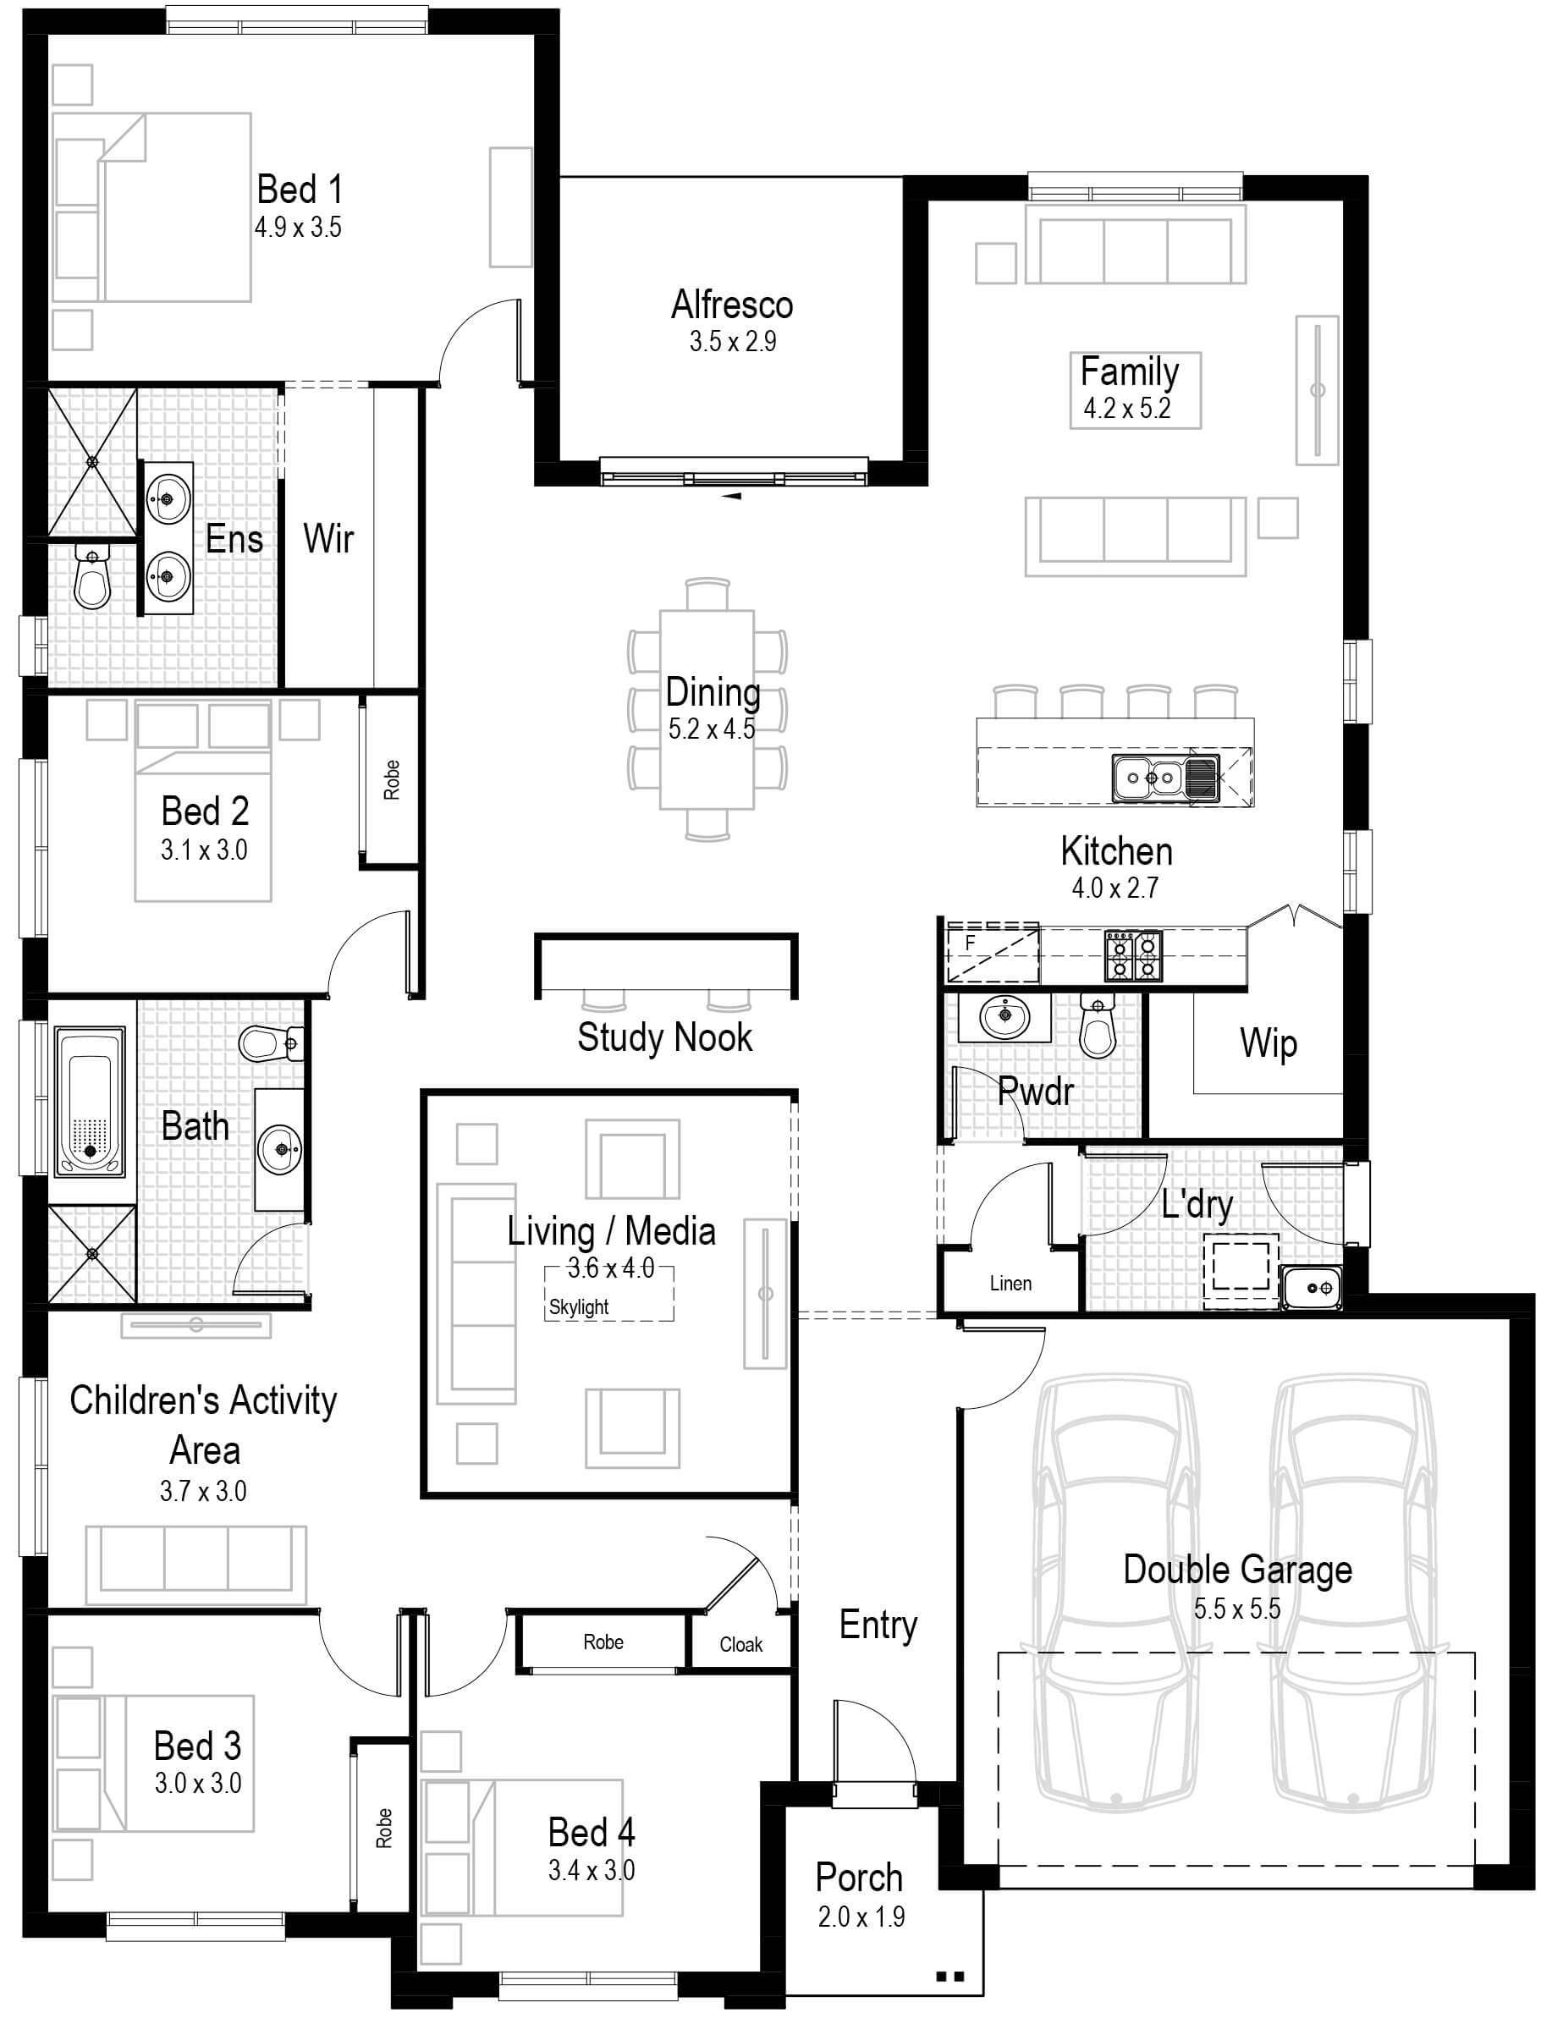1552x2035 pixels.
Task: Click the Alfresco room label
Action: click(732, 305)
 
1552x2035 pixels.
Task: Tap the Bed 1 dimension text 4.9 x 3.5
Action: click(298, 228)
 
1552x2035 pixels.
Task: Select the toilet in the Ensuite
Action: click(91, 576)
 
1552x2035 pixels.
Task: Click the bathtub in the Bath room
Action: click(90, 1102)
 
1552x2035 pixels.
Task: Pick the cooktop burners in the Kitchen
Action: click(1133, 955)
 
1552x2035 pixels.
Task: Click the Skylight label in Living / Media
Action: click(578, 1307)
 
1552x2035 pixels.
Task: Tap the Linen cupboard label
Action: click(1010, 1283)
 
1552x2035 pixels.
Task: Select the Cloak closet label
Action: click(741, 1644)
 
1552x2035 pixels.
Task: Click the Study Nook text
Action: click(664, 1037)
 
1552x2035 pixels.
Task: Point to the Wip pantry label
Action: click(1269, 1044)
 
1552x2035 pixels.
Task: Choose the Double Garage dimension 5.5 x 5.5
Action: click(1237, 1609)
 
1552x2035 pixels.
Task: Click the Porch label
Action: click(859, 1877)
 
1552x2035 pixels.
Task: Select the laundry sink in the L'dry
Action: click(1312, 1287)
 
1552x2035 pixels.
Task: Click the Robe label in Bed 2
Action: click(392, 779)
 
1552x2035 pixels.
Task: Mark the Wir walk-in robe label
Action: click(328, 538)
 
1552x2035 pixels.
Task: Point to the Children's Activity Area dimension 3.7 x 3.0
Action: click(203, 1491)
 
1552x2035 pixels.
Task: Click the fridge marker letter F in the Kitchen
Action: click(970, 943)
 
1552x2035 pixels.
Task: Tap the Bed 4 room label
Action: click(592, 1833)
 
